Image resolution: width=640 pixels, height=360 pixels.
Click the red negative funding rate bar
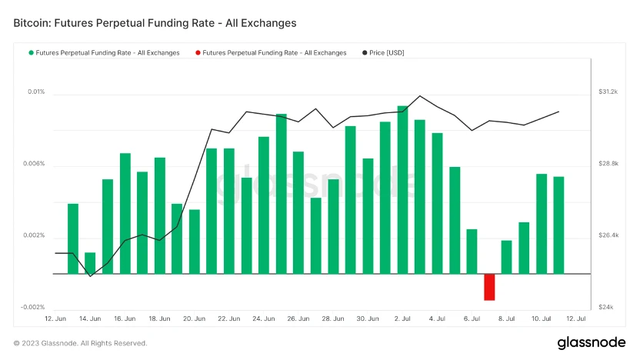click(x=489, y=287)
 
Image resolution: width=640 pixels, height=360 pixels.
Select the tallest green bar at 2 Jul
click(x=402, y=189)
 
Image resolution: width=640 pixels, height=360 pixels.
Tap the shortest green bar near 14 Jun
click(x=90, y=263)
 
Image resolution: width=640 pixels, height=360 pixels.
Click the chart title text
click(x=155, y=23)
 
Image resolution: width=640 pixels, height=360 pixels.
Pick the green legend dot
click(x=32, y=53)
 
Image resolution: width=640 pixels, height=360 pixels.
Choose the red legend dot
click(x=198, y=53)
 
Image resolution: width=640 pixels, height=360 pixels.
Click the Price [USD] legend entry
click(x=386, y=53)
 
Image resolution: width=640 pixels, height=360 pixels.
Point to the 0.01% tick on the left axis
click(x=37, y=92)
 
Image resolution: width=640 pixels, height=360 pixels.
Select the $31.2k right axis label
click(x=608, y=92)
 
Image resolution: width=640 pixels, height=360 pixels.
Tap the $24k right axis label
click(x=605, y=307)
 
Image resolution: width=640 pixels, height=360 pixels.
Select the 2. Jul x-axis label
click(x=402, y=318)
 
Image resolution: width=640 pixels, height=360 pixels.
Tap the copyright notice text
click(x=80, y=343)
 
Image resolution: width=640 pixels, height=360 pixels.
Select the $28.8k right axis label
click(x=608, y=164)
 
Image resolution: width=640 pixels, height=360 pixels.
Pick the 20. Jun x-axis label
click(x=194, y=318)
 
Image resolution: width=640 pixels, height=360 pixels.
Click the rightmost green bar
click(x=558, y=225)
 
